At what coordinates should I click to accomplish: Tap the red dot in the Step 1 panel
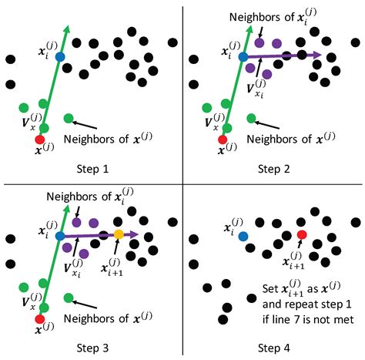40,139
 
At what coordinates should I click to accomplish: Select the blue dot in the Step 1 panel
60,58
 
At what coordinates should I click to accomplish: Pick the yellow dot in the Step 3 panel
119,234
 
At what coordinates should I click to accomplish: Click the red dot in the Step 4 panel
301,234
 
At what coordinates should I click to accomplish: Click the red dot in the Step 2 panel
223,139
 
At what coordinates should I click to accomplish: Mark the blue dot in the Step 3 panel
60,234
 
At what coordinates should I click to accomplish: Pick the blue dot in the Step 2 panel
243,57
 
